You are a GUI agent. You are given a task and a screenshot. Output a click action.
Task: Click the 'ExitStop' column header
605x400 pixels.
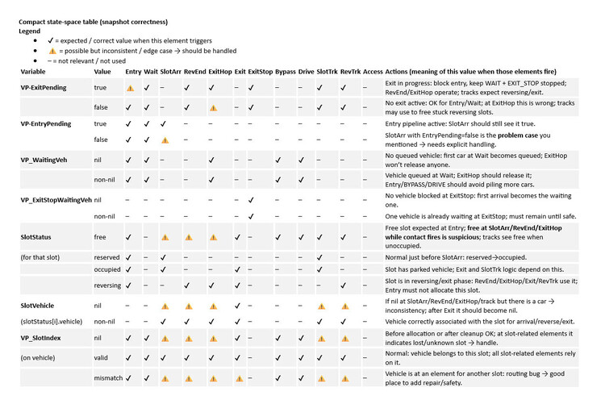[x=260, y=72]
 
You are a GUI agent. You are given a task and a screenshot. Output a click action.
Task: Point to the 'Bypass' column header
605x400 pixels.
[x=285, y=72]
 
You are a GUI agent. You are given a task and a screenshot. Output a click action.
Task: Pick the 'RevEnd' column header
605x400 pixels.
[x=194, y=72]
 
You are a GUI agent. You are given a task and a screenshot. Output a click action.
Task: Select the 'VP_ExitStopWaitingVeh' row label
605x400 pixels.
[x=55, y=199]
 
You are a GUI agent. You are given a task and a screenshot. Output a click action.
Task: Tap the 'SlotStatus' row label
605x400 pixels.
[x=36, y=238]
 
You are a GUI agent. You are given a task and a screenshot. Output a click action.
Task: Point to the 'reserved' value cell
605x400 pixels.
[x=108, y=257]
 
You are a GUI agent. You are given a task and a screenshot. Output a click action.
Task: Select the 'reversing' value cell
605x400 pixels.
[x=108, y=285]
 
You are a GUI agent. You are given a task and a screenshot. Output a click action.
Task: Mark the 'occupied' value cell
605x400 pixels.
[x=108, y=269]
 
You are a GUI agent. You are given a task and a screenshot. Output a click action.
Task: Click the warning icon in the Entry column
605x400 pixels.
[x=130, y=87]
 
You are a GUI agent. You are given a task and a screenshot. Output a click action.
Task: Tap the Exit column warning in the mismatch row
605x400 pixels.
[x=240, y=377]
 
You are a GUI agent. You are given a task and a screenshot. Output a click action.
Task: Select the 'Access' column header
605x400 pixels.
[x=373, y=72]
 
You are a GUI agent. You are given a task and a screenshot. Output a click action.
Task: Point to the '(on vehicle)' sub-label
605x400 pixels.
[x=39, y=357]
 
